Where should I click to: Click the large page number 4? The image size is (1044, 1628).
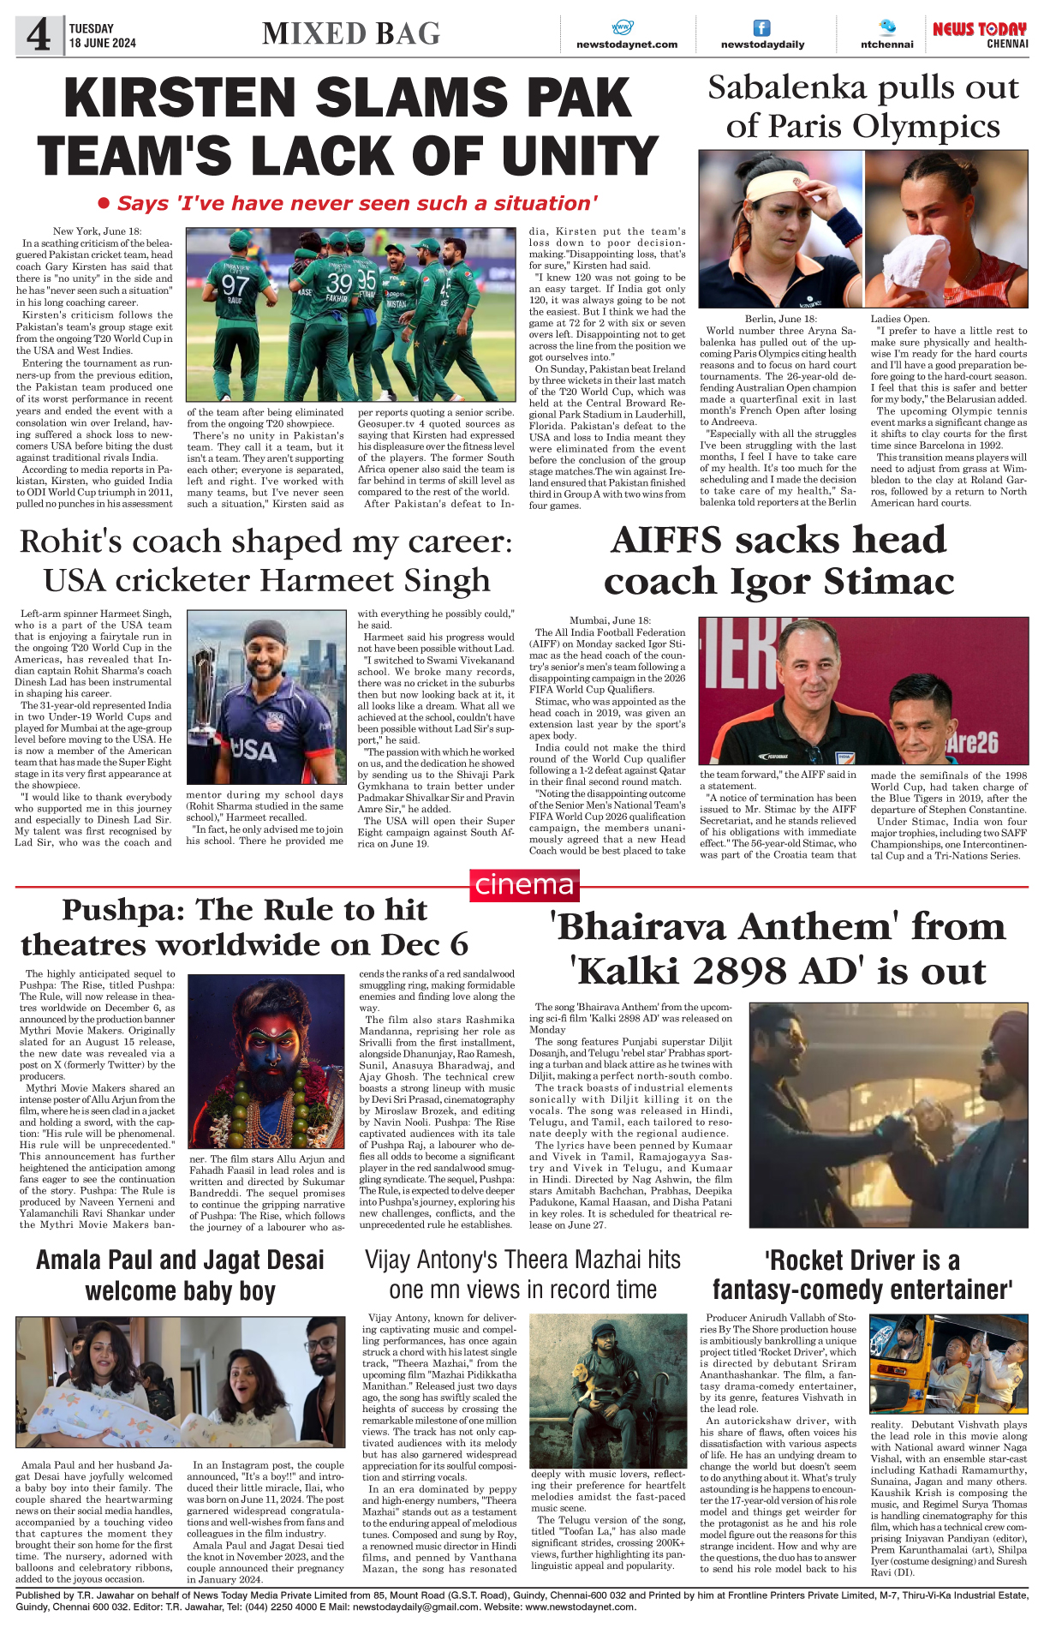click(x=39, y=35)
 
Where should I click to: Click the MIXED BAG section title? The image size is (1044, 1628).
click(x=351, y=33)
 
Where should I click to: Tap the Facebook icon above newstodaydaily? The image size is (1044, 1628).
click(x=761, y=28)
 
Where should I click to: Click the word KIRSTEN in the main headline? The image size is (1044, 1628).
click(x=195, y=98)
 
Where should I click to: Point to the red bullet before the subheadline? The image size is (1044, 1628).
click(x=104, y=203)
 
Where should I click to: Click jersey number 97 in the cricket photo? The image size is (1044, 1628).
click(x=235, y=284)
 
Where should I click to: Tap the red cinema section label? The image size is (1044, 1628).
click(x=524, y=885)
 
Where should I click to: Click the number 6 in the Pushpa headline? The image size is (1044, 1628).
click(x=458, y=944)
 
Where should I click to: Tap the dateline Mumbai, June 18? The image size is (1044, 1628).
click(x=610, y=620)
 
